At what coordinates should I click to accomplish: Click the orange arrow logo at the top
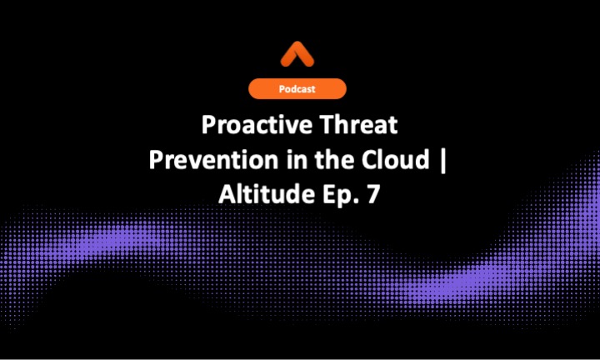pos(300,56)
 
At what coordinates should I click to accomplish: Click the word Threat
pos(362,127)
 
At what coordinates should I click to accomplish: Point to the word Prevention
pos(205,160)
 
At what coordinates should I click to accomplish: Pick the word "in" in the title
pos(282,160)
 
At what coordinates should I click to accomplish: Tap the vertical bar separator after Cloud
pos(442,161)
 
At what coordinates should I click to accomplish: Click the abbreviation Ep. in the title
pos(341,194)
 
